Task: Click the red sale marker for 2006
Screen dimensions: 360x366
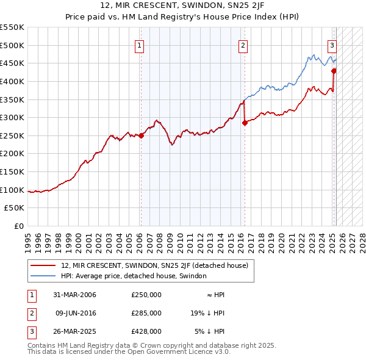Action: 141,135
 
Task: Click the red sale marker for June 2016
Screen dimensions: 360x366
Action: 245,123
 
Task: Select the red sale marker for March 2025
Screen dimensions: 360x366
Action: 334,71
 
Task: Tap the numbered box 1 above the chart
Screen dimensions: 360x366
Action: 140,45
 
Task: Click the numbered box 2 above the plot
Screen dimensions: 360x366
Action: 243,45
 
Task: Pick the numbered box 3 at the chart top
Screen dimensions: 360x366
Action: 332,45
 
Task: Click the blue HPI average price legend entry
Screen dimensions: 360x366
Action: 134,276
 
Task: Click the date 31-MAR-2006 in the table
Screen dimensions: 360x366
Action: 75,295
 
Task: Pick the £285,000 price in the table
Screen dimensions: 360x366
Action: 146,313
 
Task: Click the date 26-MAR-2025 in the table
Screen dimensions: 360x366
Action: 75,331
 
